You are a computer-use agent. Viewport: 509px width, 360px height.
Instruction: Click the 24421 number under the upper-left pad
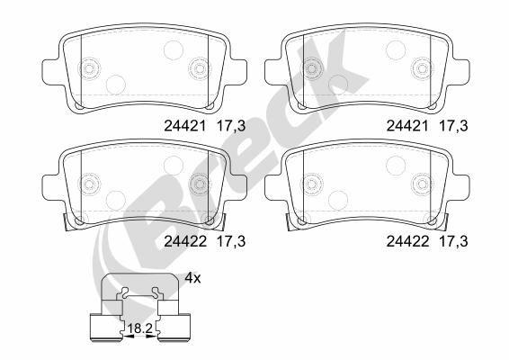(184, 128)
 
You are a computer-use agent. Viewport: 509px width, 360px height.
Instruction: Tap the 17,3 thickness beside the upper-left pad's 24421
(232, 128)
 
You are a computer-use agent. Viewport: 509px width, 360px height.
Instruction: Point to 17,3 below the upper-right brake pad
(452, 128)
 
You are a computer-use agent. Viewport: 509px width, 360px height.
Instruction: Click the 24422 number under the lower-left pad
(184, 240)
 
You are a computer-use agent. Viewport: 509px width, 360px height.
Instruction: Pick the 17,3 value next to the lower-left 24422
(232, 240)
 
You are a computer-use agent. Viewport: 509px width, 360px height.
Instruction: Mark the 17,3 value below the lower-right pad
(452, 240)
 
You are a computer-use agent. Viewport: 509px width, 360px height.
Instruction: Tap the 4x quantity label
(193, 278)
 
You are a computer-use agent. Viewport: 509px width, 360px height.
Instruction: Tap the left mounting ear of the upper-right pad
(272, 68)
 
